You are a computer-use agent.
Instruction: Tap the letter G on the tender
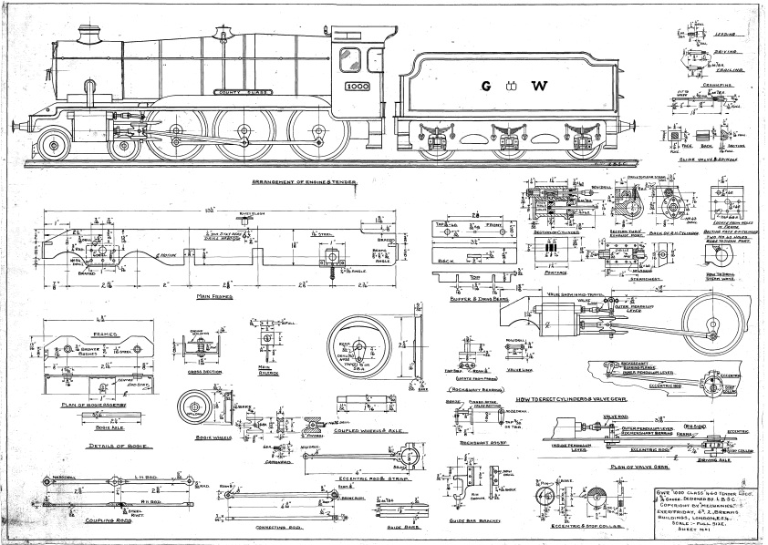pos(486,87)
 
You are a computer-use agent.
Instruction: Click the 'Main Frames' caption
pos(215,296)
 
